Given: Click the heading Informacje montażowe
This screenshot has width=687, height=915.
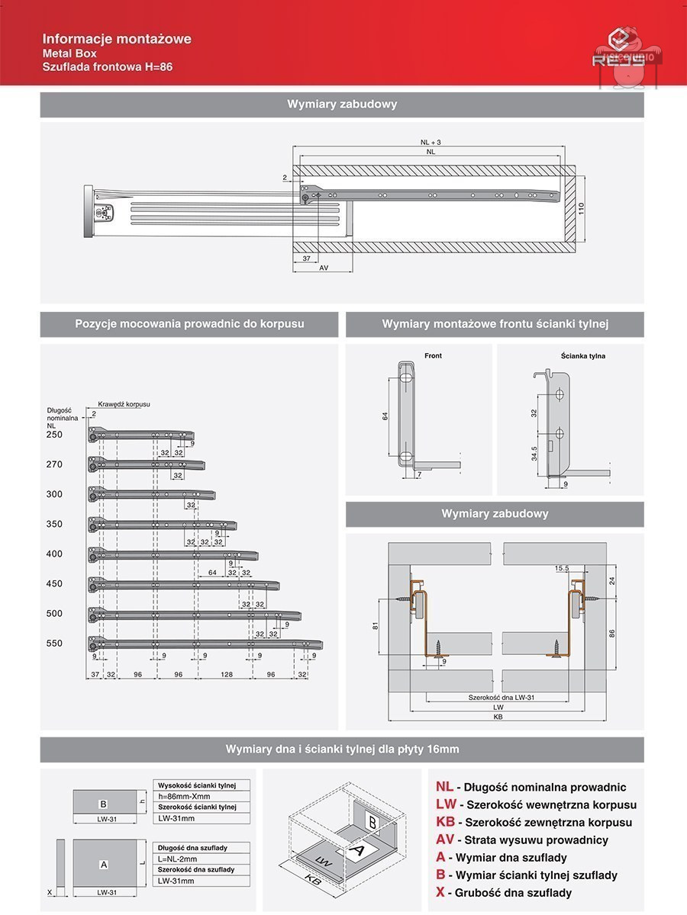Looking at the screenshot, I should point(117,39).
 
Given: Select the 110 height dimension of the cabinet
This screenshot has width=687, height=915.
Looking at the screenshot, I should point(580,209).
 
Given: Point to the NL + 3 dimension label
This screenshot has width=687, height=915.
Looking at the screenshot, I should point(431,143).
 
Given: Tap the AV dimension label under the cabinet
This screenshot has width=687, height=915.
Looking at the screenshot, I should point(324,268).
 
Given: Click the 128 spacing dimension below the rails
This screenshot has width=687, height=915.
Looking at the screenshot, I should point(227,675).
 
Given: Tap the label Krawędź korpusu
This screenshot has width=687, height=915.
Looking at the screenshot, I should point(124,403).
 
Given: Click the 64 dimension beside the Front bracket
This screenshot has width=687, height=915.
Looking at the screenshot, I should point(385,416).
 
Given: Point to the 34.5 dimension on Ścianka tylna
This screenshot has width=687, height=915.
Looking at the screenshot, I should point(534,453).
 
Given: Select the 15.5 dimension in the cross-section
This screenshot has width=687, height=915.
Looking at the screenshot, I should point(563,568).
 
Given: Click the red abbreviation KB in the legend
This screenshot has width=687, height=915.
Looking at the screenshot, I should point(446,822).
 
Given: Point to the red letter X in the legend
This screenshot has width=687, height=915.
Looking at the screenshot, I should point(440,892).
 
